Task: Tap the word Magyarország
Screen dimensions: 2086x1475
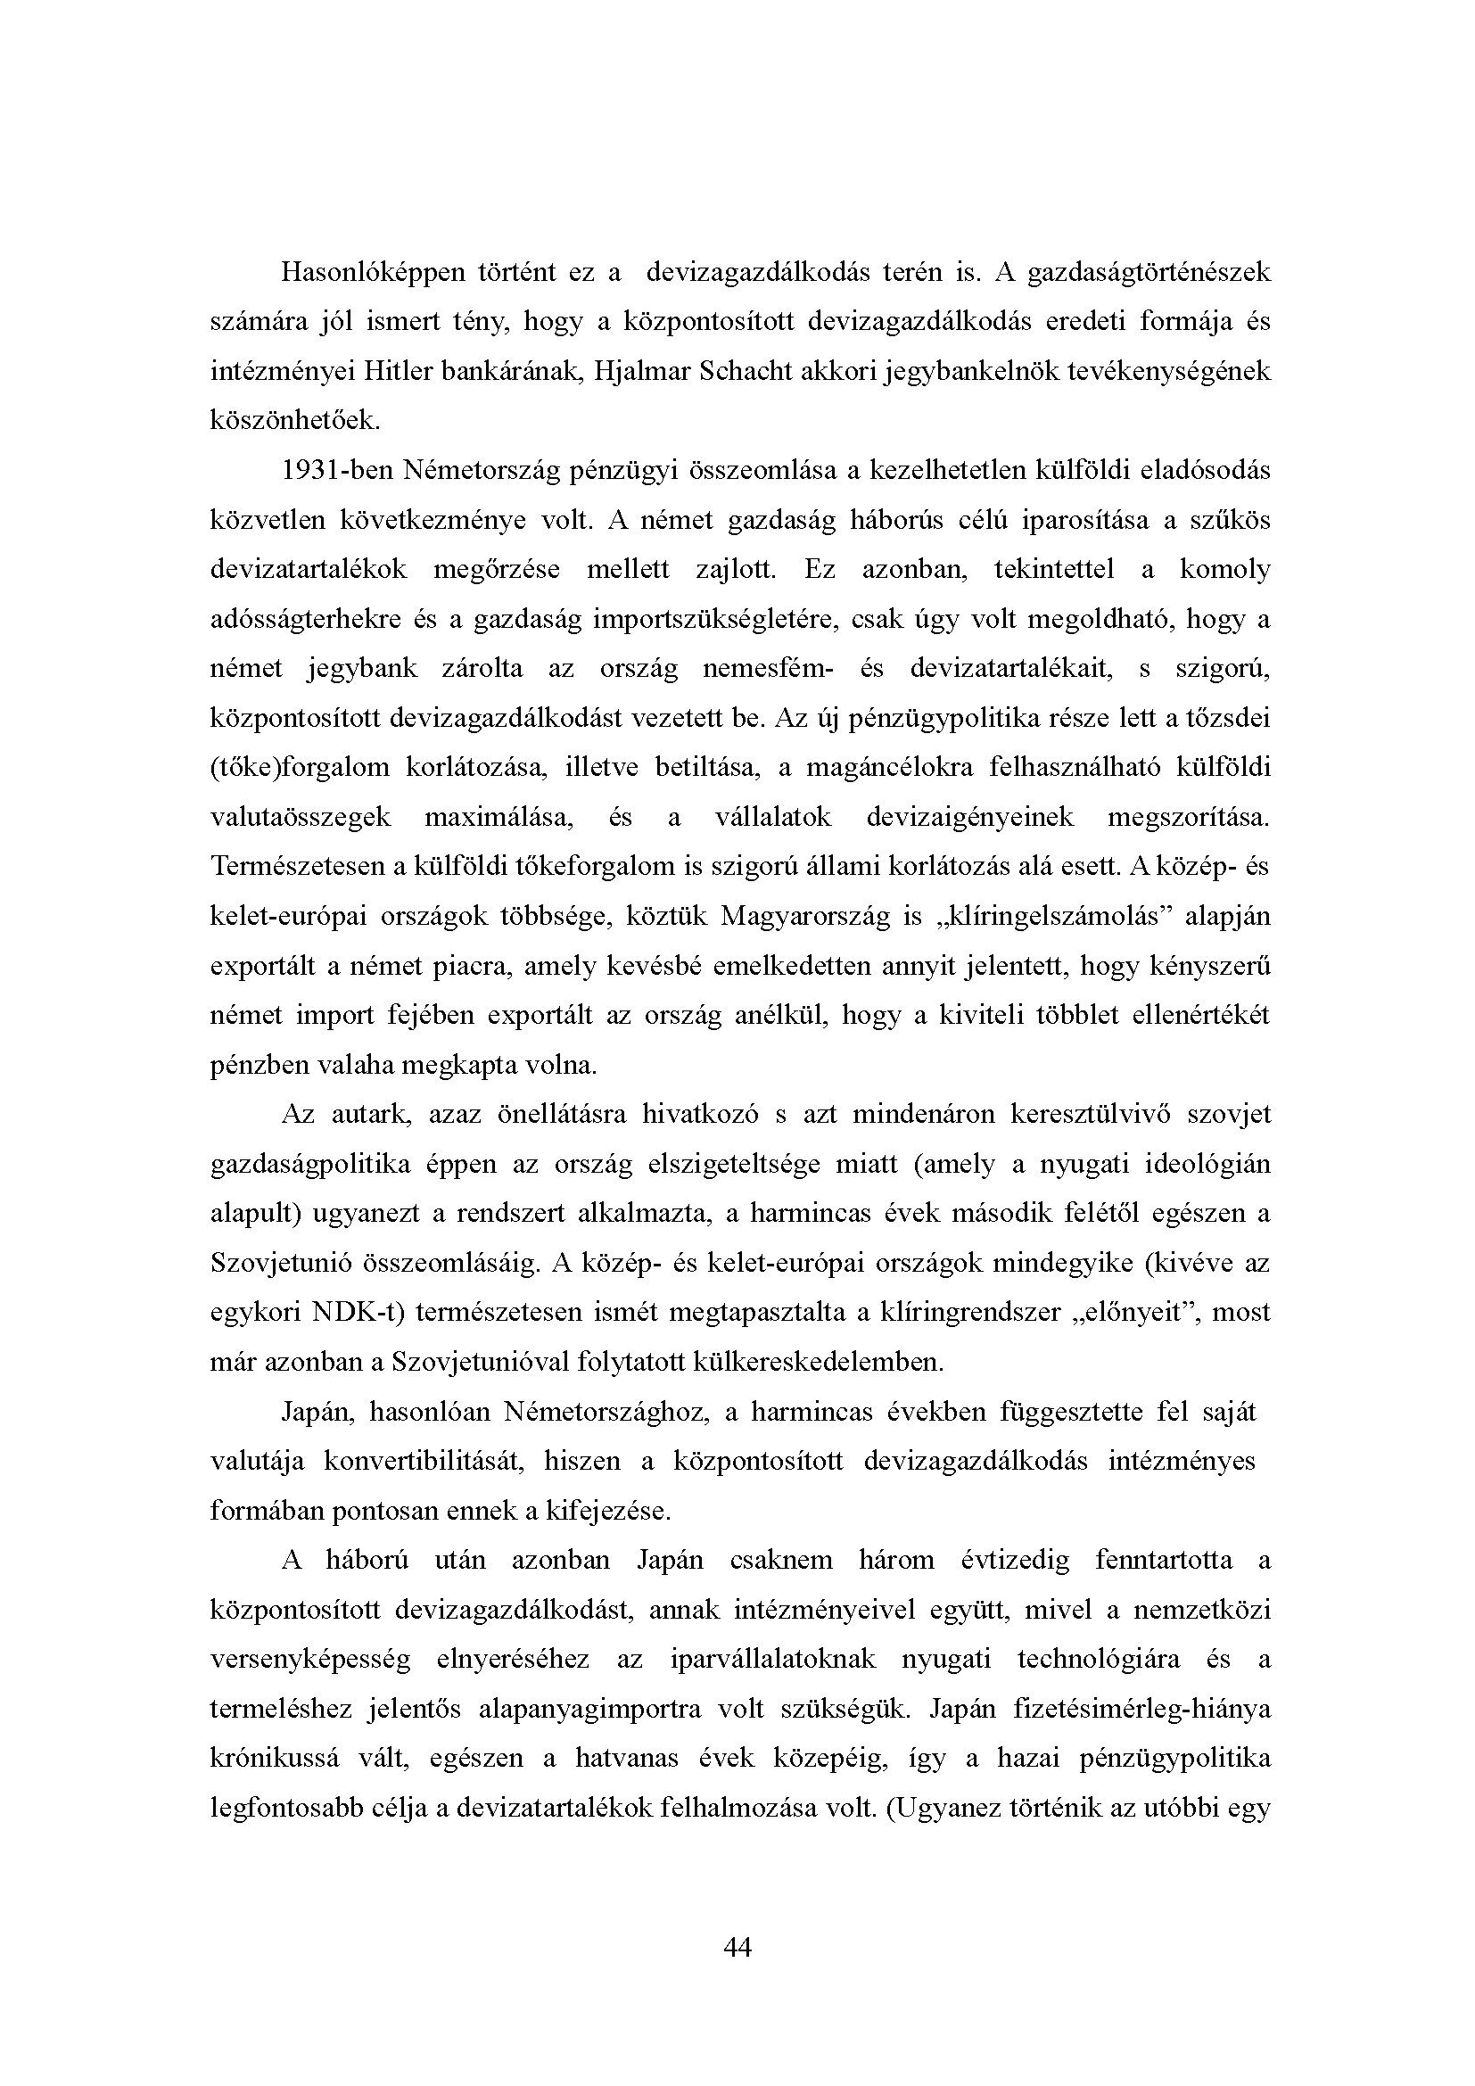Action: pos(804,916)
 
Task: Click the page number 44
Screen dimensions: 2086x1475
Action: pos(737,1947)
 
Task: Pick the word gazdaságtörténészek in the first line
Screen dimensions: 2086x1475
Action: pos(1149,272)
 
